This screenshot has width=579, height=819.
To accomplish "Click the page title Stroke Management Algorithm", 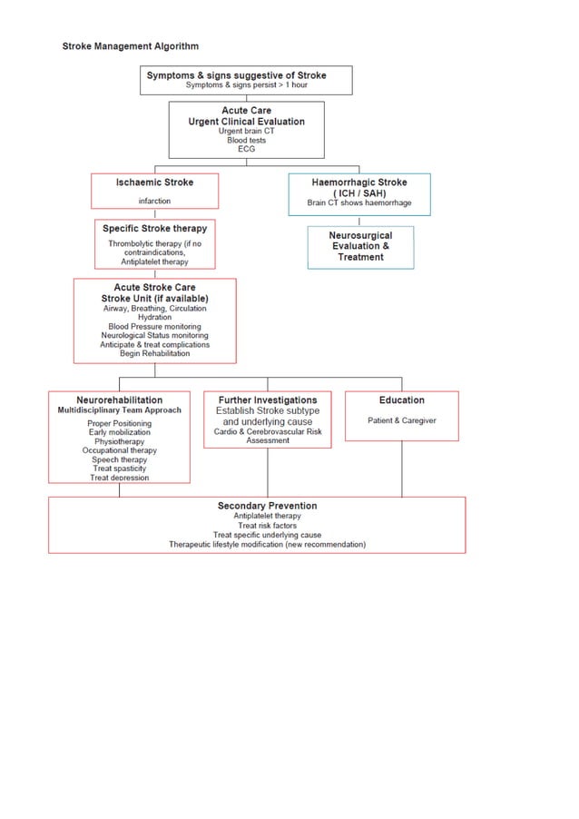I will pyautogui.click(x=130, y=46).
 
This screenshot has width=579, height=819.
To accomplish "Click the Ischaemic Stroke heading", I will pyautogui.click(x=154, y=183).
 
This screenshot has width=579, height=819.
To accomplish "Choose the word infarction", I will pyautogui.click(x=154, y=201).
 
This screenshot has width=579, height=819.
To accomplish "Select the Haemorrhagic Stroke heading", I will pyautogui.click(x=359, y=183).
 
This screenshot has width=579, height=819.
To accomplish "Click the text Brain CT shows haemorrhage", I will pyautogui.click(x=359, y=202).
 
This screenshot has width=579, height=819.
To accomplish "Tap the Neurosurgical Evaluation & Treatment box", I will pyautogui.click(x=360, y=246).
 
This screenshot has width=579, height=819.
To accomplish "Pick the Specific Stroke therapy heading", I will pyautogui.click(x=154, y=229).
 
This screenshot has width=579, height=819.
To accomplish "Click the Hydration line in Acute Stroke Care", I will pyautogui.click(x=154, y=318).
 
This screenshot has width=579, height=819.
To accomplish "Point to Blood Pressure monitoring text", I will pyautogui.click(x=154, y=327).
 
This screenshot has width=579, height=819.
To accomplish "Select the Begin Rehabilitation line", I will pyautogui.click(x=154, y=354).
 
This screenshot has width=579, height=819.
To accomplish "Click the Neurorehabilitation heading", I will pyautogui.click(x=119, y=400).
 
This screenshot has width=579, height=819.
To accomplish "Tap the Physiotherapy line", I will pyautogui.click(x=119, y=441).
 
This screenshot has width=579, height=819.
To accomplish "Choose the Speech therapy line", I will pyautogui.click(x=119, y=459).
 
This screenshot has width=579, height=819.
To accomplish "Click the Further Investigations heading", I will pyautogui.click(x=268, y=400).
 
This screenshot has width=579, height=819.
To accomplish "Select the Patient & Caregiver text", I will pyautogui.click(x=401, y=421).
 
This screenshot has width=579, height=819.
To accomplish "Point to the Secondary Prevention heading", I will pyautogui.click(x=267, y=506).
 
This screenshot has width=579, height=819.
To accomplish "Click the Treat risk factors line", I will pyautogui.click(x=267, y=526).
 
